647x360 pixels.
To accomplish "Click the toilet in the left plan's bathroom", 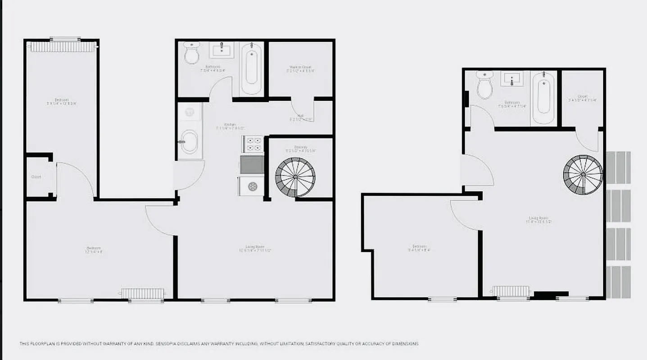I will pos(192,54).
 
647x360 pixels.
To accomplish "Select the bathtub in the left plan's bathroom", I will pos(251,68).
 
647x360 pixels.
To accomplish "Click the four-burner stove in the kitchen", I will pos(252,145).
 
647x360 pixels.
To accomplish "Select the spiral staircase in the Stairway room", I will pos(295,177).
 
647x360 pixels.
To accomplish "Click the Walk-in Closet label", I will pos(300,67).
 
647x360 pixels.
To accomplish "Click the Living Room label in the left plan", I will pos(255,247).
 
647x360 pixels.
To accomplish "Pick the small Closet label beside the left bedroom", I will pos(36,177).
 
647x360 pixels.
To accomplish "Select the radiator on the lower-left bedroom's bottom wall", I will pos(142,293).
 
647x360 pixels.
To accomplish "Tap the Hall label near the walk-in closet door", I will pos(300,116).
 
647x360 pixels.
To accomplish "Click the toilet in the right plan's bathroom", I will pos(485,85).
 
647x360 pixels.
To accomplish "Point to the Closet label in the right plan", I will pos(582,96).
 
